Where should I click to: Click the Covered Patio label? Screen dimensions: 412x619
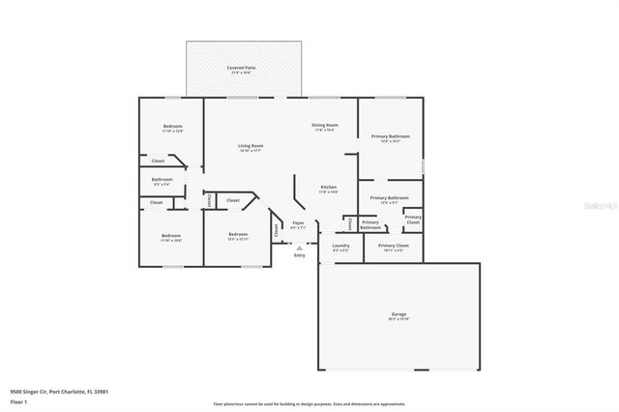(240, 68)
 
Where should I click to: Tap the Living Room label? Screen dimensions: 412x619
(251, 147)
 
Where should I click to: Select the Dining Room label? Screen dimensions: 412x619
(324, 126)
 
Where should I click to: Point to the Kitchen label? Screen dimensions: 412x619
(329, 188)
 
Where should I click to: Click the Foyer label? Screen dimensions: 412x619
(299, 224)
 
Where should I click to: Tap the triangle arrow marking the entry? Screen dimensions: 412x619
(299, 248)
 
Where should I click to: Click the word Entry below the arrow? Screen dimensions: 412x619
(299, 255)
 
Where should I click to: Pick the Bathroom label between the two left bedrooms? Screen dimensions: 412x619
(162, 180)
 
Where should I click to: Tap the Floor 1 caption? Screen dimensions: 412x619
(18, 401)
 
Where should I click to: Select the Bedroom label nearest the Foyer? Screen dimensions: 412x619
(239, 236)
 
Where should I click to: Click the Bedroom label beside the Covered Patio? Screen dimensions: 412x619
(172, 128)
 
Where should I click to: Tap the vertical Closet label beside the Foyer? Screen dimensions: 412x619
(277, 230)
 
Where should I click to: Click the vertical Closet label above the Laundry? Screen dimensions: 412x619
(348, 223)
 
